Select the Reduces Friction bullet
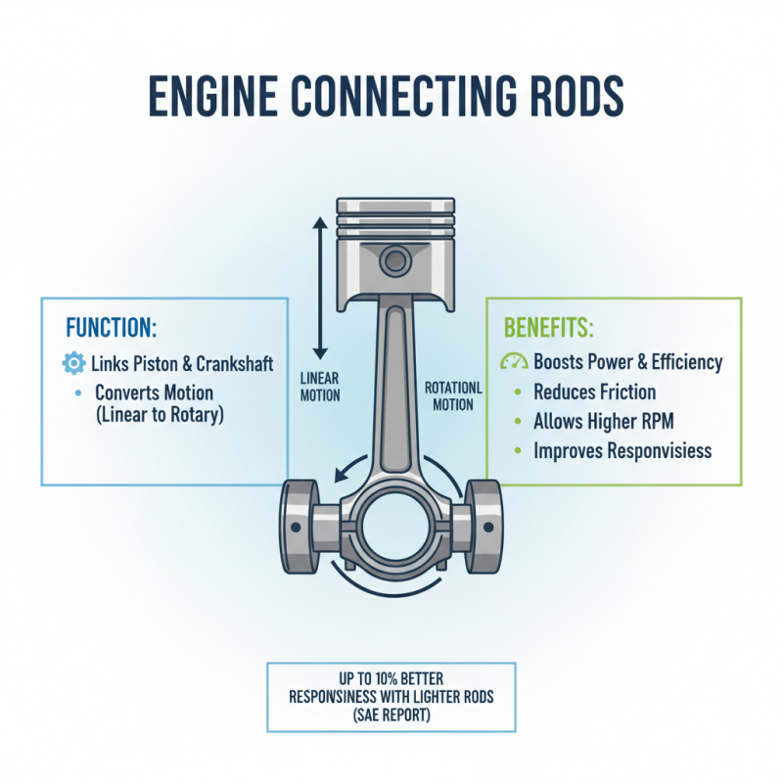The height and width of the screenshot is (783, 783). pos(594,392)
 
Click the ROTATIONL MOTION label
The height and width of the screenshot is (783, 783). pos(453,396)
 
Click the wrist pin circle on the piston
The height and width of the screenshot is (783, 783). pos(395,260)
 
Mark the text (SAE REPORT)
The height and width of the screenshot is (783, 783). pos(391,714)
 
